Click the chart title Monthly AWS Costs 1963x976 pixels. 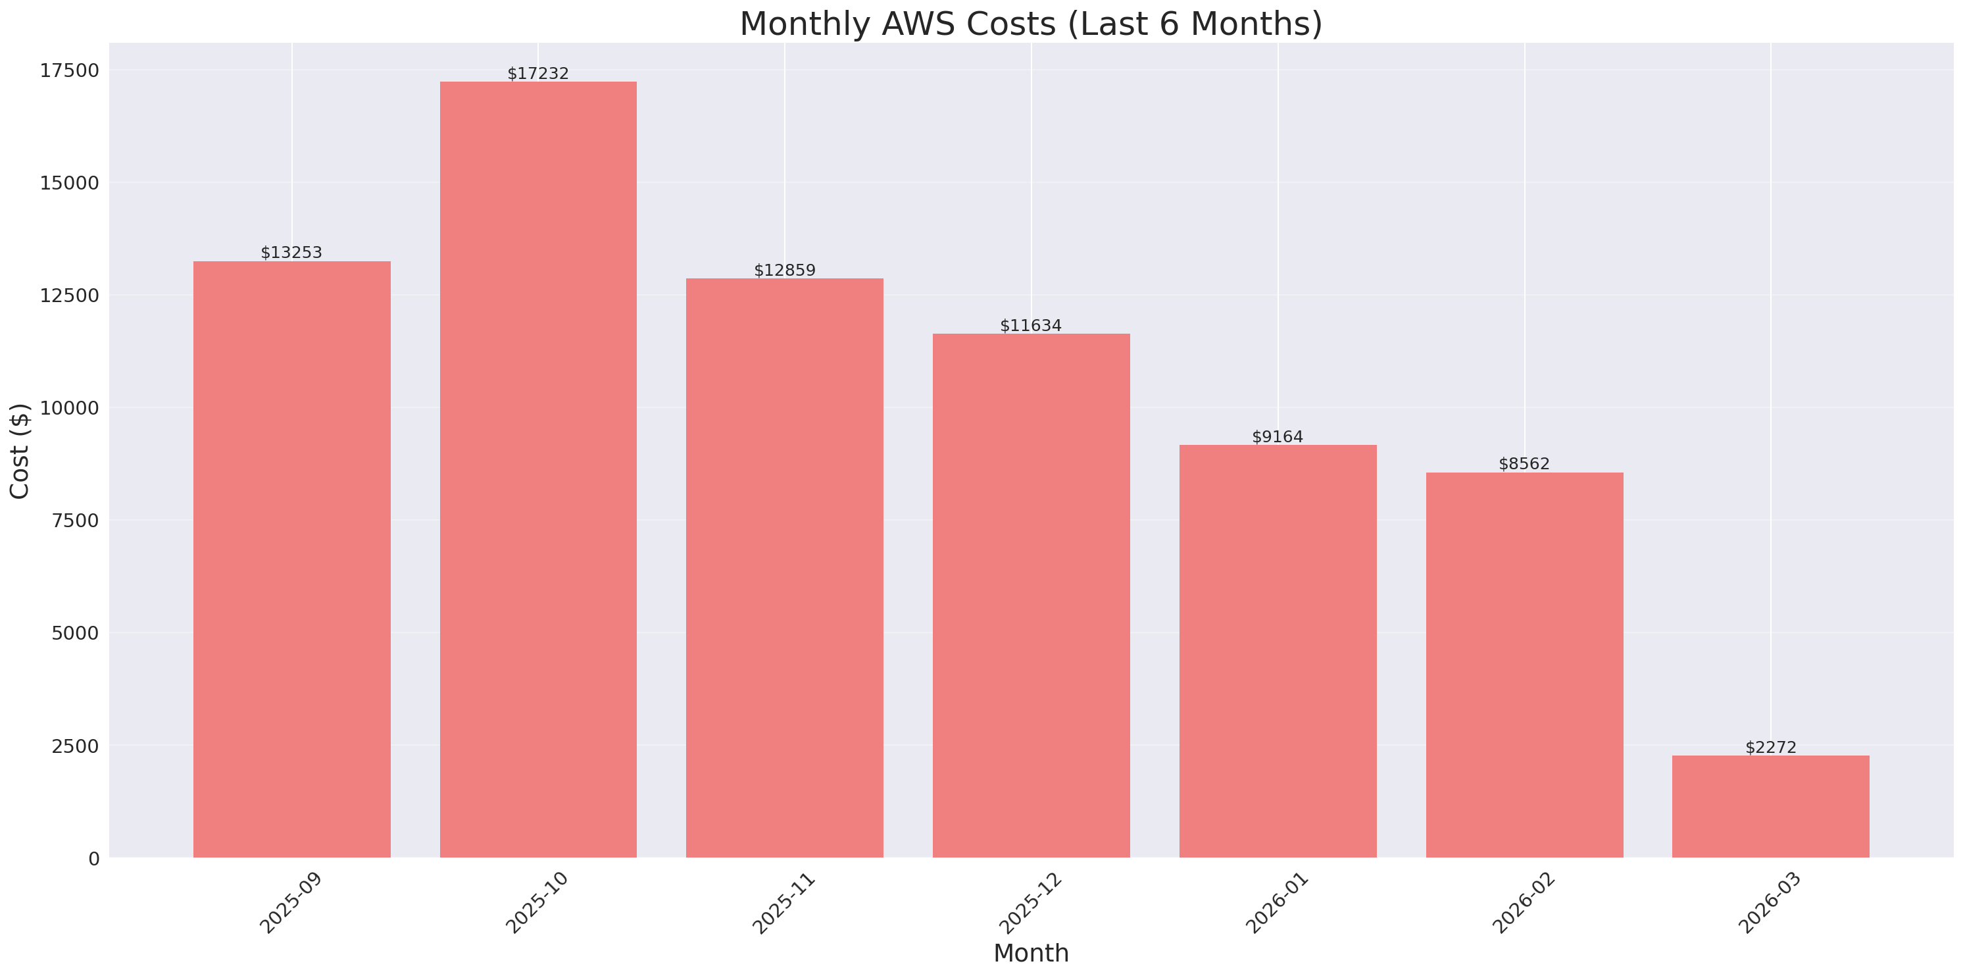[x=1030, y=24]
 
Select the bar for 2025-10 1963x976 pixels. [x=538, y=469]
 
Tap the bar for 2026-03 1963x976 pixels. [x=1770, y=806]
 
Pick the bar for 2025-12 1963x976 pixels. [x=1030, y=595]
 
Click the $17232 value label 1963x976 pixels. [x=538, y=73]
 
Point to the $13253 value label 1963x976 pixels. [x=291, y=252]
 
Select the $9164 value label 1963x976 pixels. [x=1277, y=437]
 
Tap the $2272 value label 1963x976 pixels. [x=1770, y=747]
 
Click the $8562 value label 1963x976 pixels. [x=1524, y=463]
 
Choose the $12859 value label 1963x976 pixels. [x=784, y=270]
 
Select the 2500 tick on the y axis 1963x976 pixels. [x=76, y=746]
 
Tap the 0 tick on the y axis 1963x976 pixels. [x=93, y=860]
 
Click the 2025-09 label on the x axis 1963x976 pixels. [x=291, y=903]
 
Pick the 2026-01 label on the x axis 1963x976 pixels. [x=1276, y=903]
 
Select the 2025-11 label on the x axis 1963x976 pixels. [x=783, y=903]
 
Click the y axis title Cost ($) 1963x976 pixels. [x=19, y=451]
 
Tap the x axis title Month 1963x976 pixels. [x=1030, y=953]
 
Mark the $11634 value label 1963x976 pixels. [x=1030, y=326]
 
